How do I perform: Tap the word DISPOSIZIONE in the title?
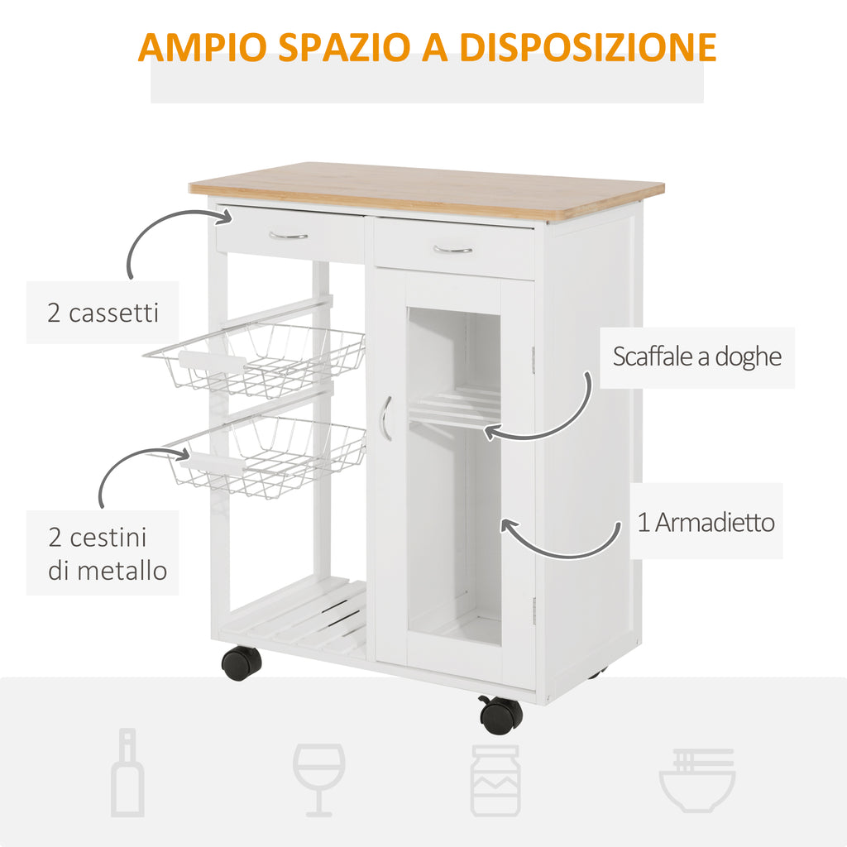pos(588,47)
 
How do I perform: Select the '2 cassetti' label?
pos(103,313)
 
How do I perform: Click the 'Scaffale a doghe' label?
pos(696,357)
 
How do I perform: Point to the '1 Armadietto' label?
pos(706,523)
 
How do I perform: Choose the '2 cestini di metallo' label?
pos(108,553)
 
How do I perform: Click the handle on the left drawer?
pos(289,236)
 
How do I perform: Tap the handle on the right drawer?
pos(452,250)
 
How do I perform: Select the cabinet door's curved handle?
pos(385,418)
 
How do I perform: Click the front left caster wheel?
pos(242,663)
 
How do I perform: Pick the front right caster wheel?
pos(500,715)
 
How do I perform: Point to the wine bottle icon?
pos(127,772)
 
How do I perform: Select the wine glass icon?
pos(318,780)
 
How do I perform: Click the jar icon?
pos(495,780)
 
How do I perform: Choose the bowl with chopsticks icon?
pos(696,780)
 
